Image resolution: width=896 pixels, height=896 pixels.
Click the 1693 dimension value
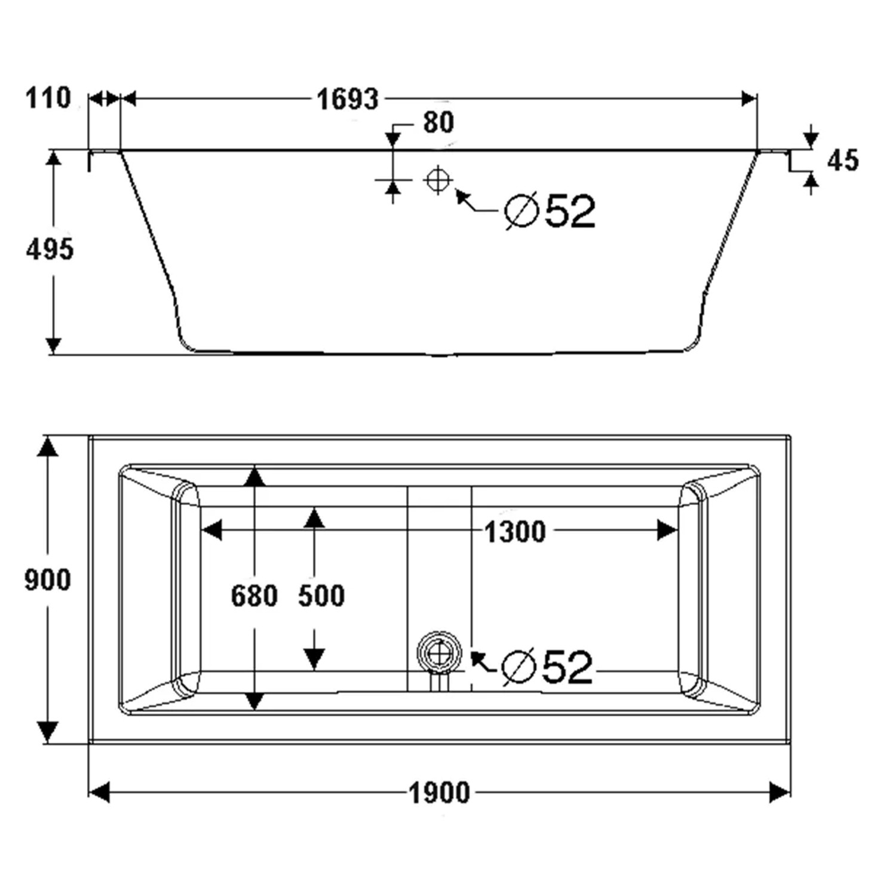tap(347, 99)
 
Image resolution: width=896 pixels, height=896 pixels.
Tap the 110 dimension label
tap(48, 98)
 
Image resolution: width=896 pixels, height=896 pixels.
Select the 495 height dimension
tap(50, 248)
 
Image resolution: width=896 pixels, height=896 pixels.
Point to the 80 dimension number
tap(438, 122)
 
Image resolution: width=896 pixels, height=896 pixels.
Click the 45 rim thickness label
tap(843, 160)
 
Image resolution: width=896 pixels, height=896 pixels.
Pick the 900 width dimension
tap(48, 580)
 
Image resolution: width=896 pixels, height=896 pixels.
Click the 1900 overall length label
tap(439, 793)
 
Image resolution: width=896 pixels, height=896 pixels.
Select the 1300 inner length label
tap(515, 532)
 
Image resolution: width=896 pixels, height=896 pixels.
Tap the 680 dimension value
tap(254, 596)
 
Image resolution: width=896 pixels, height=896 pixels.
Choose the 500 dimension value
tap(321, 596)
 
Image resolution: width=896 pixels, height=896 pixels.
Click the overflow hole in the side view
tap(438, 179)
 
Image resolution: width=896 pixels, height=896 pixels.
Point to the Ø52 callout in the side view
tap(550, 211)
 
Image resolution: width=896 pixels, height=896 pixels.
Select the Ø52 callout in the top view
tap(547, 667)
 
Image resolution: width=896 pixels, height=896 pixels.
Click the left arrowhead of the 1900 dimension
tap(99, 793)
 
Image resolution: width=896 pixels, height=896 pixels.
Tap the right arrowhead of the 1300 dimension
tap(667, 530)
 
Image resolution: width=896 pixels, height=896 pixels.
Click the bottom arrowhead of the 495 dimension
tap(54, 345)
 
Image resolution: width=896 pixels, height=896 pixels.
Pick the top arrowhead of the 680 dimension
tap(255, 476)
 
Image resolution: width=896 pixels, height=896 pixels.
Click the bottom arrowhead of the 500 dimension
tap(314, 659)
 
